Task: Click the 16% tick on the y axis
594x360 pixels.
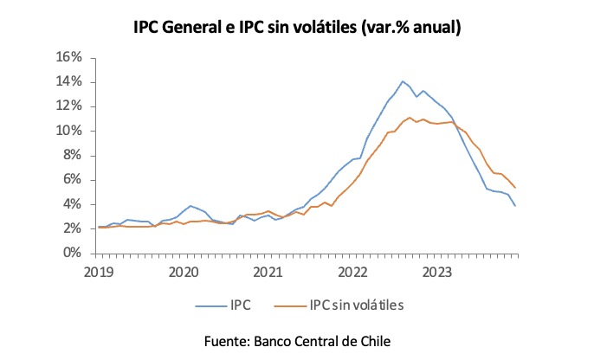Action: click(x=68, y=57)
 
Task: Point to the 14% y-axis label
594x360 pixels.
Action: click(x=68, y=81)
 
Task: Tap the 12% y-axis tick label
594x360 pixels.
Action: click(x=68, y=106)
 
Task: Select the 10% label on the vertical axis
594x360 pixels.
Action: click(x=68, y=131)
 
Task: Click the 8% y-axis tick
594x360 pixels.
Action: click(x=72, y=156)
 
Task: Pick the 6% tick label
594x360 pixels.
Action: click(x=72, y=180)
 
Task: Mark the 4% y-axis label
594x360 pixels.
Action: click(x=72, y=204)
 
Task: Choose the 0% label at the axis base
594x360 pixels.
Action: click(x=72, y=254)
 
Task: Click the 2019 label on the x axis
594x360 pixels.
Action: click(x=98, y=271)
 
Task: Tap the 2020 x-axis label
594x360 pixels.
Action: click(x=184, y=271)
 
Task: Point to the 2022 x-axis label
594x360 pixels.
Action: click(x=354, y=271)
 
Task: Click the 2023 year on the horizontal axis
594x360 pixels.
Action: click(x=439, y=271)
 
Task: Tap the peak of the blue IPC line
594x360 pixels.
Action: click(x=403, y=81)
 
